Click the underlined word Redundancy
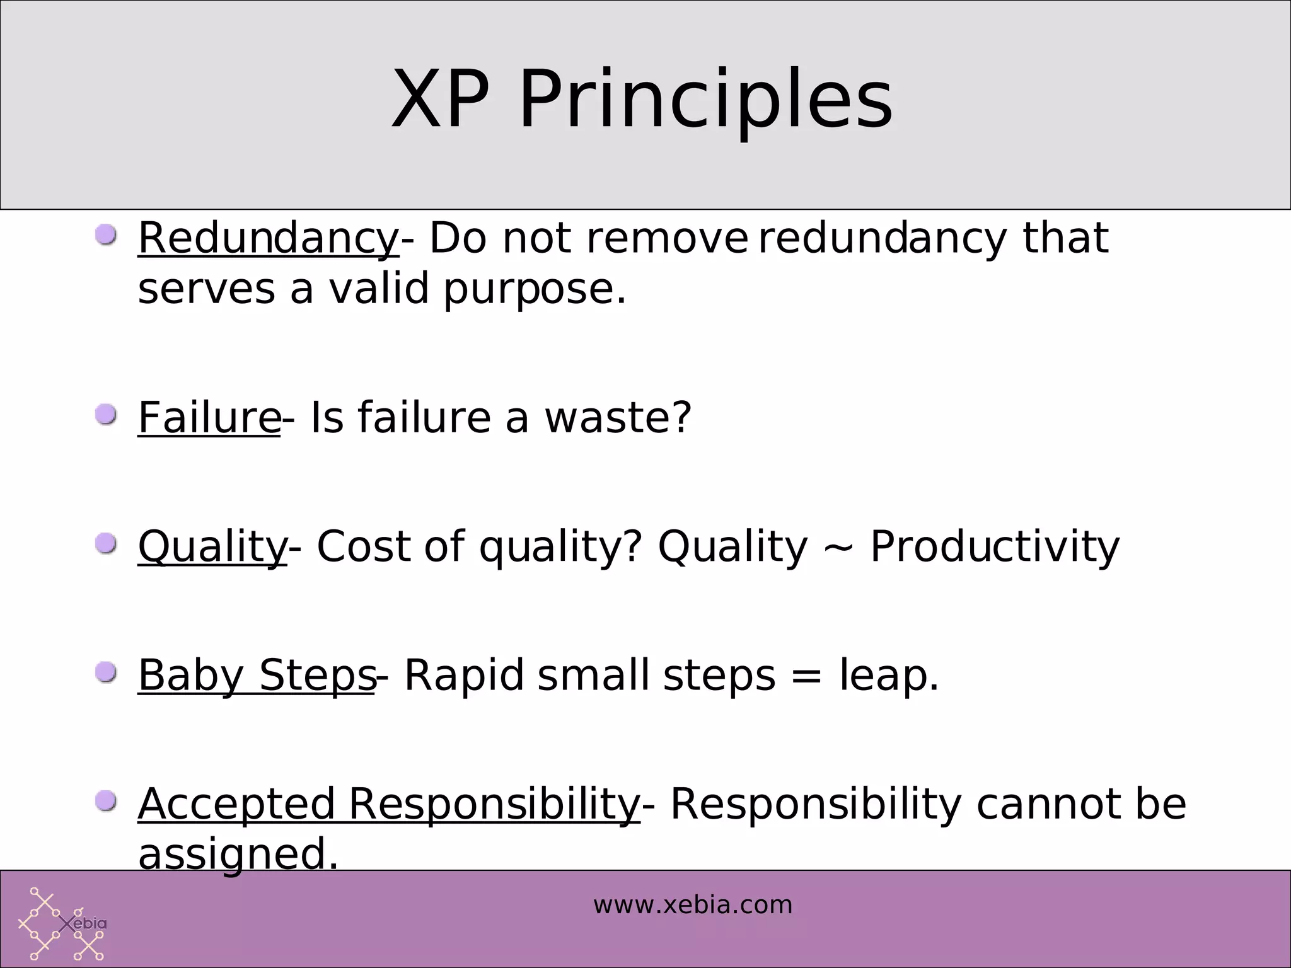point(268,239)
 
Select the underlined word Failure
point(209,418)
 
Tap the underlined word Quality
point(212,546)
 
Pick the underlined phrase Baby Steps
point(257,676)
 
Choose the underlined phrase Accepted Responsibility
point(389,805)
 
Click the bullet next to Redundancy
point(106,236)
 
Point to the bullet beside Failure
point(106,415)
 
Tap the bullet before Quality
point(106,543)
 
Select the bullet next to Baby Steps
point(106,672)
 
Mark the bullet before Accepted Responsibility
point(106,802)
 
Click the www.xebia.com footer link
point(692,906)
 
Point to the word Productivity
point(995,546)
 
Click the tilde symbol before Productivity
point(838,548)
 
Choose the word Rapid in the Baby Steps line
point(464,676)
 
